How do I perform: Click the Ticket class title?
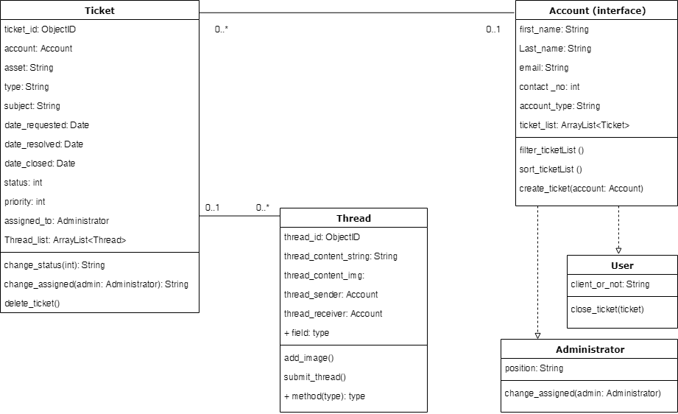(99, 10)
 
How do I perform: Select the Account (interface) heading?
(597, 10)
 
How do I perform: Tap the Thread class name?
(353, 218)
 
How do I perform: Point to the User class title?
(622, 265)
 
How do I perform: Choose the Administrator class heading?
(590, 349)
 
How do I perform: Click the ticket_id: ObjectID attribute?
(40, 29)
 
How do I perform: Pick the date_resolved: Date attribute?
(43, 144)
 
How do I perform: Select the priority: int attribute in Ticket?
(24, 202)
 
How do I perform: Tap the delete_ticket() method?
(32, 304)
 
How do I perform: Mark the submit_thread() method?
(314, 377)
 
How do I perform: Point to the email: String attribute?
(544, 68)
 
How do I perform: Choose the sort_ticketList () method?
(551, 169)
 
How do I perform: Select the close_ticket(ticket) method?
(607, 309)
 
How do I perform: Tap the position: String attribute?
(534, 368)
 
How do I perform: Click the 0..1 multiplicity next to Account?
(492, 29)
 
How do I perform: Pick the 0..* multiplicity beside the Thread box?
(263, 208)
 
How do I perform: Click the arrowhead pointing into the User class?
(618, 250)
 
